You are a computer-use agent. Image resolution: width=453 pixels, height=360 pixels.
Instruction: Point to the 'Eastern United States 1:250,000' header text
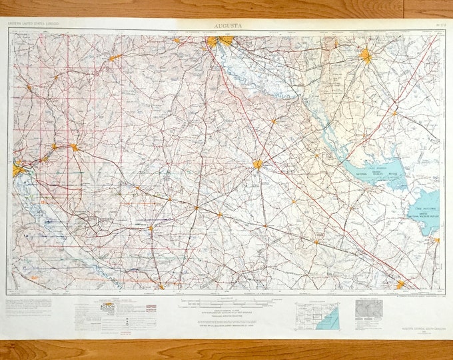33,25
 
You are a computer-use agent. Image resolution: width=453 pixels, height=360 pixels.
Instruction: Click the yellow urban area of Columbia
219,42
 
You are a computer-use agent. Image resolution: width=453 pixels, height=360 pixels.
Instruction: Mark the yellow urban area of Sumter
366,56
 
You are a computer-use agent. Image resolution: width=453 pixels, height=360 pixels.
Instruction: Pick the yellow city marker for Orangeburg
258,164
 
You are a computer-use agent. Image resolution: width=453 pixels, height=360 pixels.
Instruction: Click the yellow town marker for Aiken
75,147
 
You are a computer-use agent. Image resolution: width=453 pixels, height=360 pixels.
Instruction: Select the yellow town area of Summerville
400,285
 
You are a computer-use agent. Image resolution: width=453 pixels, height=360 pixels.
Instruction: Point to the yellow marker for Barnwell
151,228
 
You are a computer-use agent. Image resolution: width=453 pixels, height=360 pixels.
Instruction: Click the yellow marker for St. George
316,241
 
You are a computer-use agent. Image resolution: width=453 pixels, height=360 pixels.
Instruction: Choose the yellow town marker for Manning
394,113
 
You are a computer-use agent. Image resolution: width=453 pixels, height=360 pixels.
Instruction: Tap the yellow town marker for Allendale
161,287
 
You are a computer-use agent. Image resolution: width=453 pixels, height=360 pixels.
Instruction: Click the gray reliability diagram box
368,308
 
